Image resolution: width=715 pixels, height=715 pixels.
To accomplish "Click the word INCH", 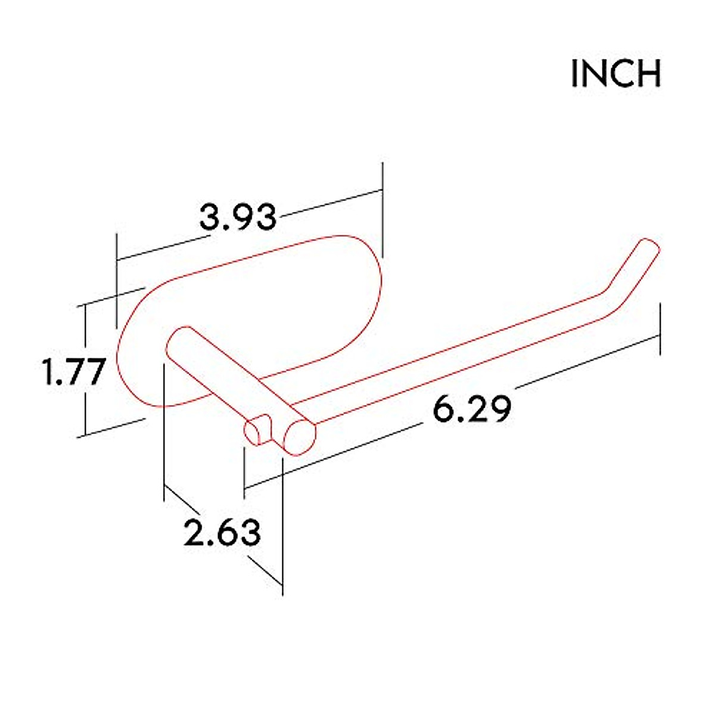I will click(x=616, y=74).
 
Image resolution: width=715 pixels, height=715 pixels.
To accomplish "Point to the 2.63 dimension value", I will click(x=222, y=532).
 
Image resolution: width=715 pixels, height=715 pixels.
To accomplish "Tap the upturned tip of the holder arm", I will click(x=648, y=248).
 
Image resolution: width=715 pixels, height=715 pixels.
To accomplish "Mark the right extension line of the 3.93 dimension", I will click(x=382, y=209).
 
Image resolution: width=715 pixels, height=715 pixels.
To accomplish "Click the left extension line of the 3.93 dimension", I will click(x=117, y=280).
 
